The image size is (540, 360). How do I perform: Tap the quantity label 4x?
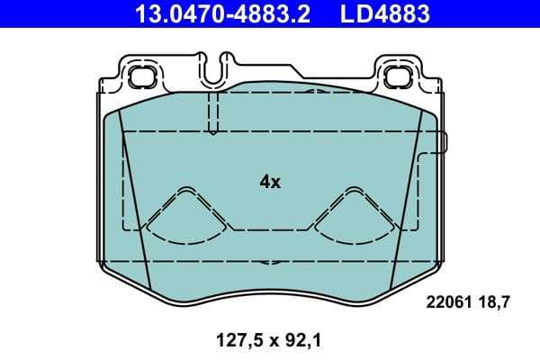[x=270, y=182]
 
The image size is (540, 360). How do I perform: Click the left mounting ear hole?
[x=139, y=77]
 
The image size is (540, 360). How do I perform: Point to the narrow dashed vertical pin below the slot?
[x=213, y=112]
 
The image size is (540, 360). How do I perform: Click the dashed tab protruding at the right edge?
[x=441, y=142]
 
